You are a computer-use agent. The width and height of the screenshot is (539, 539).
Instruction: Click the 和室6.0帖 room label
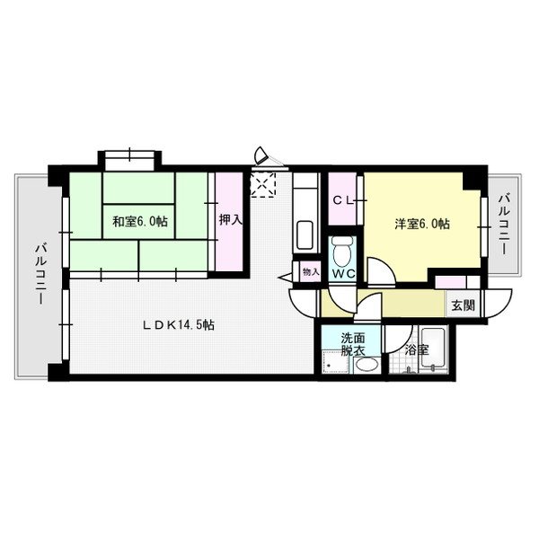tap(140, 222)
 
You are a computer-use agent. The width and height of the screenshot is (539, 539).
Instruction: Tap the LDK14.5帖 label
tap(179, 325)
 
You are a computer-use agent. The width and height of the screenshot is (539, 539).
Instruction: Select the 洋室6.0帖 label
tap(422, 224)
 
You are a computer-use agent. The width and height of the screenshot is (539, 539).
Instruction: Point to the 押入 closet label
tap(231, 220)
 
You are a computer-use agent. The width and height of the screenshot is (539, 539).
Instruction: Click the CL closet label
tap(343, 201)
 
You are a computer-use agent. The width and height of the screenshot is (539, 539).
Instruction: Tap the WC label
tap(343, 274)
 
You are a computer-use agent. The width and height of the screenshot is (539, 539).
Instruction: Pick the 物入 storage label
tap(311, 272)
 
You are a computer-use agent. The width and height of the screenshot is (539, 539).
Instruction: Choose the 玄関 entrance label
tap(463, 305)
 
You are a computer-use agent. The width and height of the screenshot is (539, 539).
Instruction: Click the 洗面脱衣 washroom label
tap(353, 344)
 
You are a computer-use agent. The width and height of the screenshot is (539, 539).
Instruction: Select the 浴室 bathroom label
tap(417, 350)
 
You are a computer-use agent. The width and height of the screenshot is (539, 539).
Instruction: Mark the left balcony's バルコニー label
tap(41, 274)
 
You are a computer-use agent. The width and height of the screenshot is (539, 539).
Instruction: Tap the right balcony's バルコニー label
tap(504, 225)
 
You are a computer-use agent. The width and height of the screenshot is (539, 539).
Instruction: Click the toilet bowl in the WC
tap(342, 252)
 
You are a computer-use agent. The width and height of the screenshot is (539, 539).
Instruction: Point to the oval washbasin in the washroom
tap(367, 365)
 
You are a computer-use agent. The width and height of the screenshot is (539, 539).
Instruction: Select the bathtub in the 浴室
tap(434, 347)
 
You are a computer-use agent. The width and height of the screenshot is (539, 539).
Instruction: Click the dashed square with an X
tap(263, 184)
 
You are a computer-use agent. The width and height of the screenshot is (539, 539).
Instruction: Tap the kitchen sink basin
tap(305, 235)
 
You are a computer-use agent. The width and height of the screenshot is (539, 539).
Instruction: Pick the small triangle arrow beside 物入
tap(287, 277)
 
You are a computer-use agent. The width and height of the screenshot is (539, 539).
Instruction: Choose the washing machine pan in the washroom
tap(335, 362)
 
